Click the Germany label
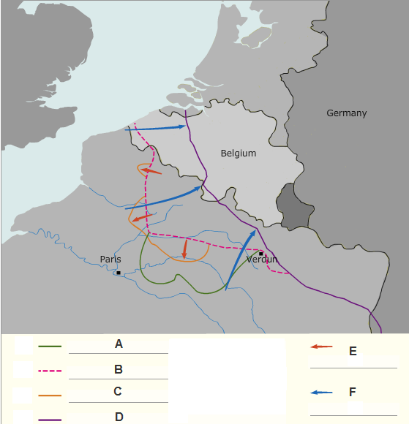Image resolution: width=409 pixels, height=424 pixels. pyautogui.click(x=347, y=113)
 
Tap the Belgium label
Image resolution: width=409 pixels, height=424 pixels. pyautogui.click(x=239, y=154)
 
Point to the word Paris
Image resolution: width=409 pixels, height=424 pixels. pyautogui.click(x=110, y=260)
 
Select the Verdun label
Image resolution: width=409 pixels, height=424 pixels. pyautogui.click(x=262, y=260)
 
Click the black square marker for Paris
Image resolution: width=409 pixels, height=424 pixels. pyautogui.click(x=118, y=273)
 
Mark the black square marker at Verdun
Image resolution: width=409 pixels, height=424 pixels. pyautogui.click(x=261, y=254)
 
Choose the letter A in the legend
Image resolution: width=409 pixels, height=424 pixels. pyautogui.click(x=119, y=343)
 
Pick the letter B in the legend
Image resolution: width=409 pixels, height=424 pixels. pyautogui.click(x=119, y=369)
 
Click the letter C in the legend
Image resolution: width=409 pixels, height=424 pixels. pyautogui.click(x=118, y=392)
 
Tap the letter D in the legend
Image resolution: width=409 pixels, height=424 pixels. pyautogui.click(x=119, y=417)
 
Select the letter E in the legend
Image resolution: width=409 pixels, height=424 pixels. pyautogui.click(x=353, y=352)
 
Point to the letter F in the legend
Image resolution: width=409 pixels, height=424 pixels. pyautogui.click(x=353, y=393)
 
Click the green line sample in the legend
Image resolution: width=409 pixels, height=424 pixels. pyautogui.click(x=48, y=347)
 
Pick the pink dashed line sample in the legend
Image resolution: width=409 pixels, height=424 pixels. pyautogui.click(x=48, y=371)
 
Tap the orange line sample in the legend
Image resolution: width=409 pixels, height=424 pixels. pyautogui.click(x=48, y=395)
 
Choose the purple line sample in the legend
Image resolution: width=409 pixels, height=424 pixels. pyautogui.click(x=48, y=420)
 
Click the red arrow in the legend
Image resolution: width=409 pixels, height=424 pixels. pyautogui.click(x=321, y=347)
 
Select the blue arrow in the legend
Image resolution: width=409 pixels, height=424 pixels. pyautogui.click(x=321, y=393)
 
